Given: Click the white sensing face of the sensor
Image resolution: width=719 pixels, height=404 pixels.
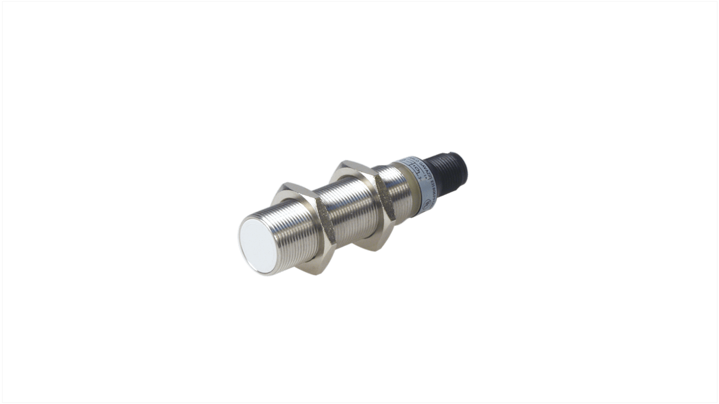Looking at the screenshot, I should coord(257,248).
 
